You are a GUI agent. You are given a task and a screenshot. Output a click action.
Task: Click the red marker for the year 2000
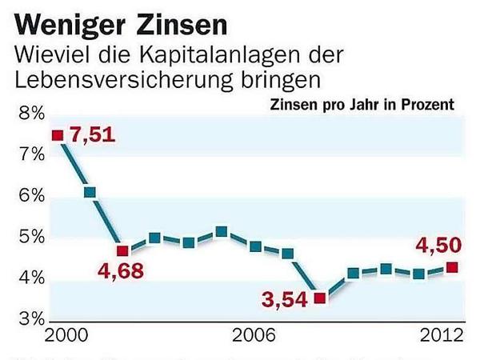coord(57,135)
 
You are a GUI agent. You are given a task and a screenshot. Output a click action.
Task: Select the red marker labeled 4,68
coord(122,250)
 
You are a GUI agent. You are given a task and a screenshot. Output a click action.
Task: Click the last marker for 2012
coord(452,267)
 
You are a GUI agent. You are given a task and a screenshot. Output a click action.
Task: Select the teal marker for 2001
coord(90,192)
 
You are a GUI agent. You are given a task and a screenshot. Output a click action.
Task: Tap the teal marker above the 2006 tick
coord(254,246)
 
